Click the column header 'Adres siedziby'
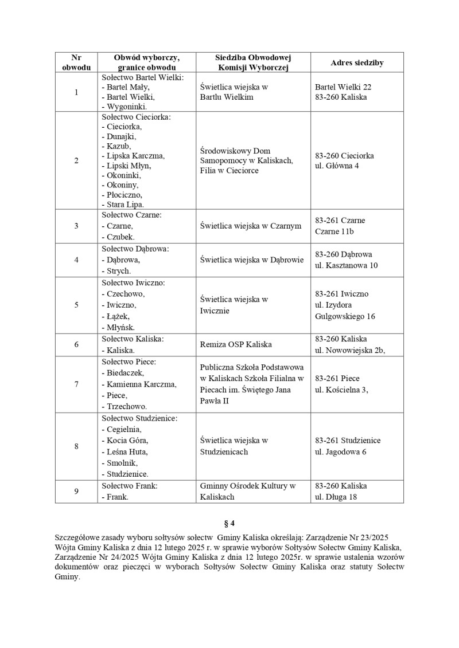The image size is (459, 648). coord(357,62)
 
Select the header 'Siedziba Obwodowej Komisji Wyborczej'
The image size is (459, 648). coord(253,62)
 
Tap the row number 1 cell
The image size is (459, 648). coord(76,92)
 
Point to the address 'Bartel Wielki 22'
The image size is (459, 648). coord(343,87)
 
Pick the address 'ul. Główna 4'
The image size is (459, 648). coord(337,166)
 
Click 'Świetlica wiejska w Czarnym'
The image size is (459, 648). coord(251,226)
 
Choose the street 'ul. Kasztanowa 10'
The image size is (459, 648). coord(347,265)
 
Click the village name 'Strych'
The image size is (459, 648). coord(118,270)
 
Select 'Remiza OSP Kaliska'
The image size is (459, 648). coord(236,344)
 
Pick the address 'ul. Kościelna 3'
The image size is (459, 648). coord(341,390)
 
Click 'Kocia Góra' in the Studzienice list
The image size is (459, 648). coord(126,440)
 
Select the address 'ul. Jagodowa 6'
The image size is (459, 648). coord(341,451)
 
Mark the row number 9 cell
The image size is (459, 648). coord(76,492)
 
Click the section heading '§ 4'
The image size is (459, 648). coord(229,523)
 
